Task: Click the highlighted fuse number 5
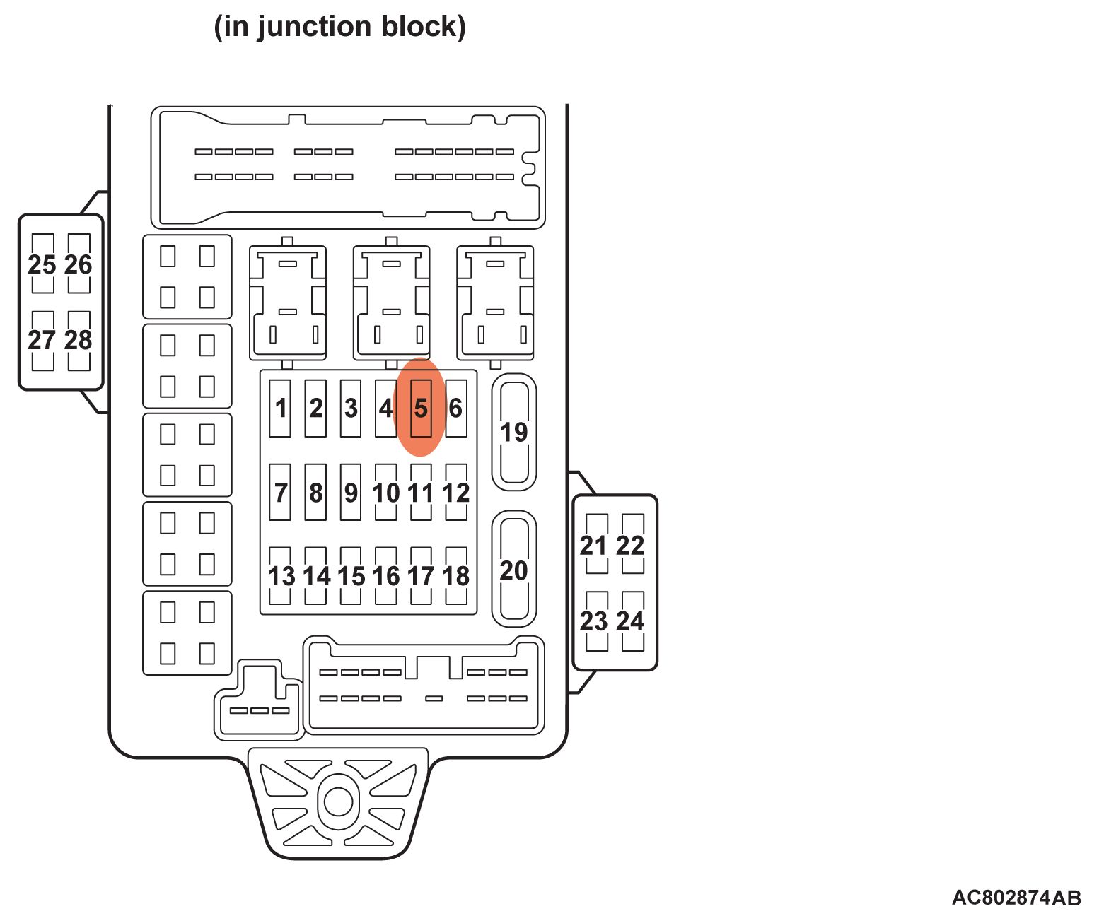(421, 408)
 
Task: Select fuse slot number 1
(280, 408)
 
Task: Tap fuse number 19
(514, 432)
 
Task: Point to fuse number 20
(514, 569)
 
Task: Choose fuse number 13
(280, 575)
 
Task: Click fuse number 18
(456, 575)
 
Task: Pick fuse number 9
(350, 492)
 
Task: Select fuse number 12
(456, 492)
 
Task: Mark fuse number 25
(42, 264)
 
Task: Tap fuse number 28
(79, 340)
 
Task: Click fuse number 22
(632, 544)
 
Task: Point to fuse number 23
(595, 621)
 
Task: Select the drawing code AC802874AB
(1016, 897)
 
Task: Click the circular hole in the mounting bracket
(338, 801)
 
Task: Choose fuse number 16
(385, 575)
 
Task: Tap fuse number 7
(280, 492)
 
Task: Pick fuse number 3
(350, 408)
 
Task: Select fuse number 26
(79, 264)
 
